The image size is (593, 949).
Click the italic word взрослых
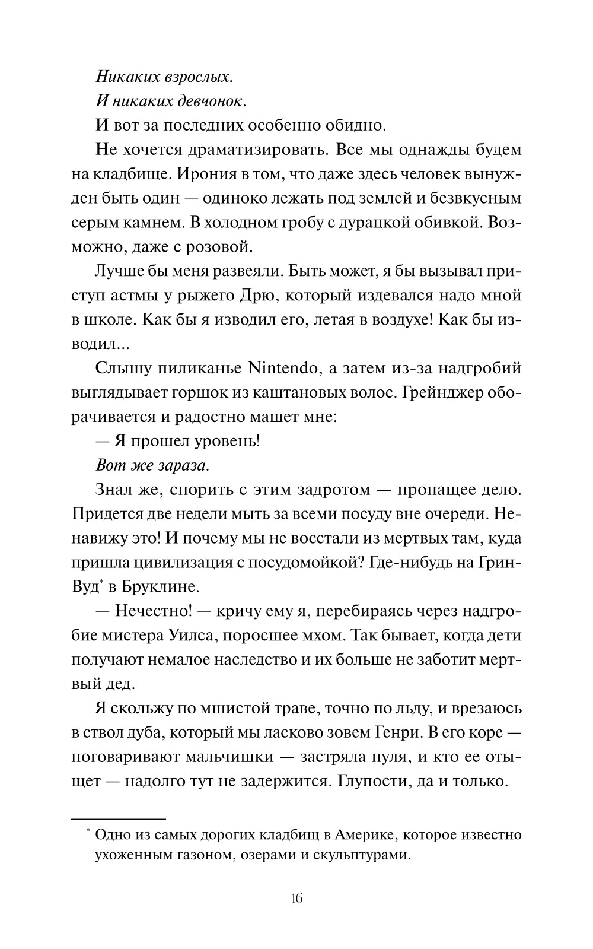coord(190,77)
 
